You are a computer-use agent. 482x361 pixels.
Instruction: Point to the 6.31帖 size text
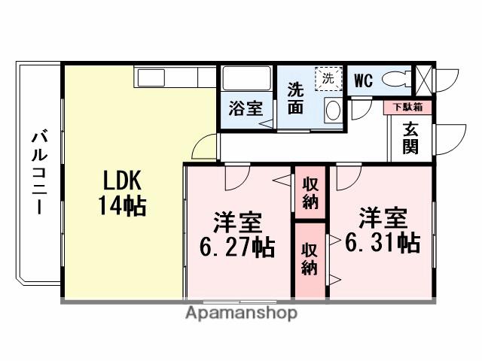383,241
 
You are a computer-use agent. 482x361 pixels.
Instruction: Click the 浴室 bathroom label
246,108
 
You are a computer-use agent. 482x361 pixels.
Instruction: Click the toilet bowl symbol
395,78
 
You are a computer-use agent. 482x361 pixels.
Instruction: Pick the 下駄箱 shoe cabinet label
408,108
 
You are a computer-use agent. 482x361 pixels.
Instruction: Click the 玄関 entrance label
410,138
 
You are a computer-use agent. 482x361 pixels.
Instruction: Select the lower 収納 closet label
310,258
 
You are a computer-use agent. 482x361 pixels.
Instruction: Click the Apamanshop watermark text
241,312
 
